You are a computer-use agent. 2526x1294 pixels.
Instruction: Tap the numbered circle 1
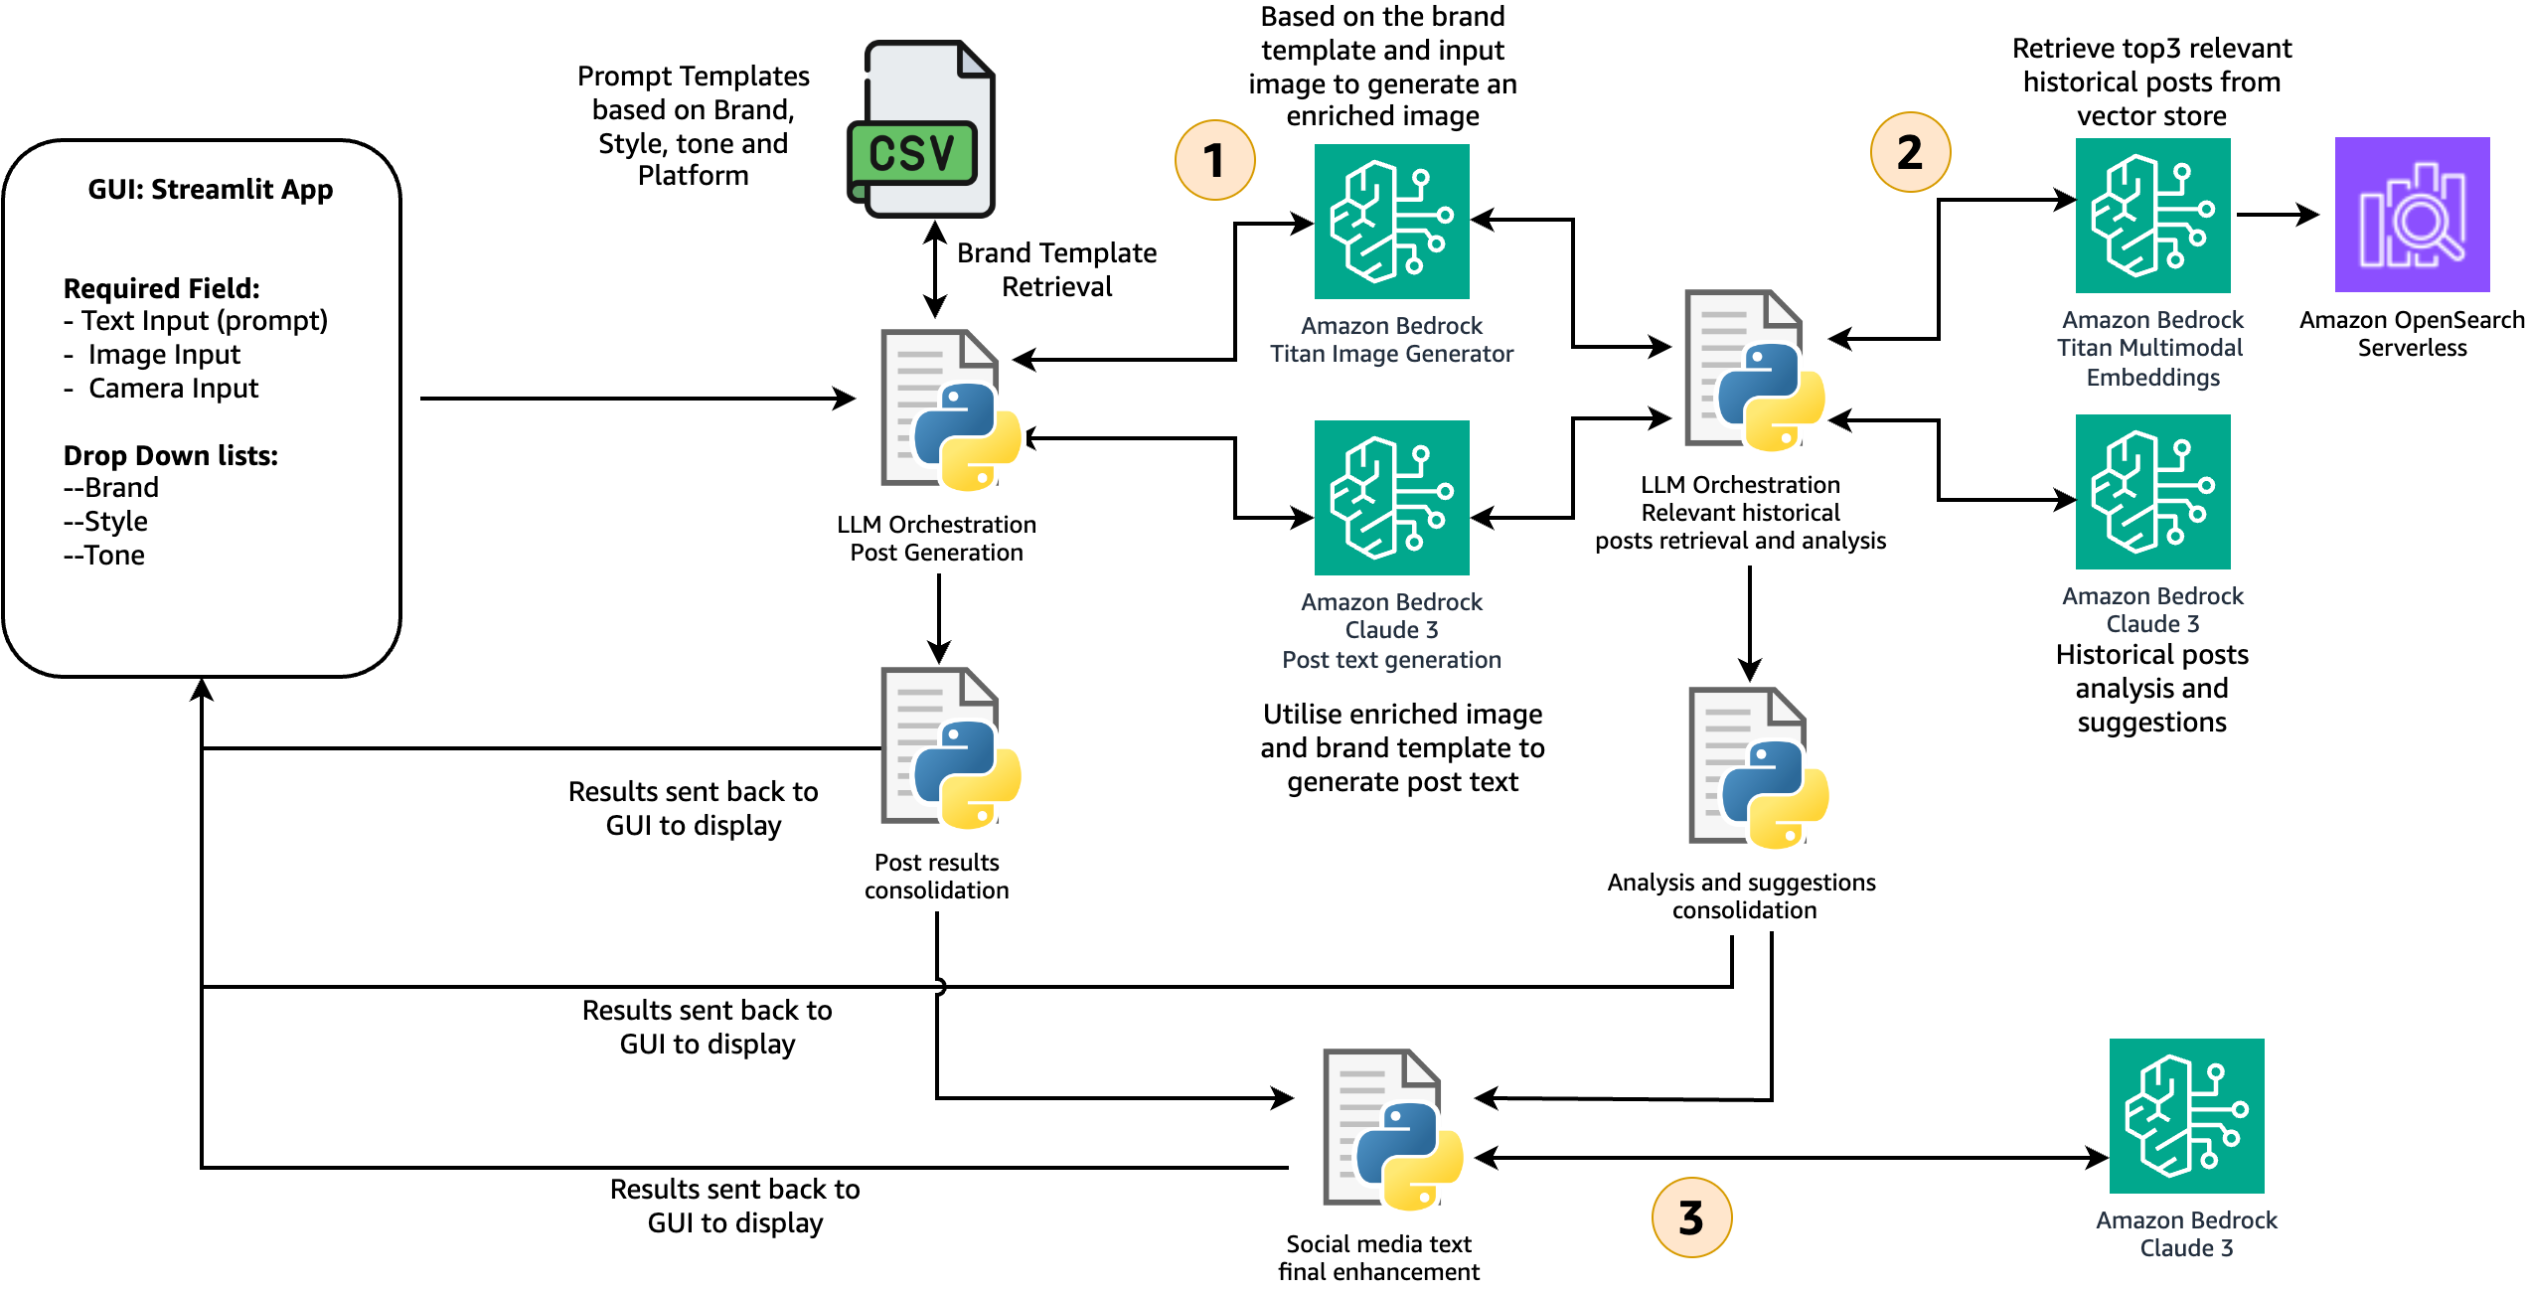(x=1214, y=160)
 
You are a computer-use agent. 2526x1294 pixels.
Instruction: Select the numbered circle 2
(x=1910, y=152)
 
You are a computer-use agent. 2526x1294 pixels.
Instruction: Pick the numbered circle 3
(x=1691, y=1217)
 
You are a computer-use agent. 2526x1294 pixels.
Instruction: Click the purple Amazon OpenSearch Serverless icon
(x=2412, y=215)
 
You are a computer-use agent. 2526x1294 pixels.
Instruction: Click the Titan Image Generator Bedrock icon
(x=1391, y=222)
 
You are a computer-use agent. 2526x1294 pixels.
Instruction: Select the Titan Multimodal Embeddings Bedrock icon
(x=2152, y=216)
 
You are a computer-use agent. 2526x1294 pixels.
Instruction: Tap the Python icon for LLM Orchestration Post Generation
(x=950, y=410)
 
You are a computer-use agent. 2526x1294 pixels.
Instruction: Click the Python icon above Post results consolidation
(x=950, y=747)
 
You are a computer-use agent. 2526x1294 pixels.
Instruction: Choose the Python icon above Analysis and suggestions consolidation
(x=1758, y=767)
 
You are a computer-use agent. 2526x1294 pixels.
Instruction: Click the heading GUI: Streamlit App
(x=211, y=190)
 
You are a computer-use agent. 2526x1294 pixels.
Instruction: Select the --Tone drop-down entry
(x=104, y=556)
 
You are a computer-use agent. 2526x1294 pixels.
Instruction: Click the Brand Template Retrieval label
(x=1056, y=269)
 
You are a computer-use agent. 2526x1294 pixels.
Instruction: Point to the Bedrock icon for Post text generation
(x=1391, y=498)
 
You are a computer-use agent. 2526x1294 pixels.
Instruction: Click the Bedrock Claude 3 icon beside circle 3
(x=2186, y=1116)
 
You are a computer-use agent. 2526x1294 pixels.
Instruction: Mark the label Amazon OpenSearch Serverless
(x=2412, y=334)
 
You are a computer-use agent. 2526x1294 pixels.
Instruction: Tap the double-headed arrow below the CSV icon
(x=935, y=269)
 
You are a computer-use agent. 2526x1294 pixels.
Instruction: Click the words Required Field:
(x=162, y=289)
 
